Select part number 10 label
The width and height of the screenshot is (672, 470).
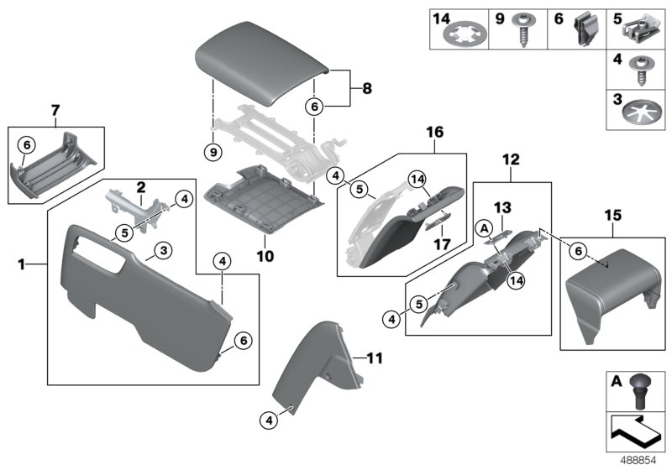pyautogui.click(x=266, y=251)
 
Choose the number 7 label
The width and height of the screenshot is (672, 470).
pyautogui.click(x=55, y=111)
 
